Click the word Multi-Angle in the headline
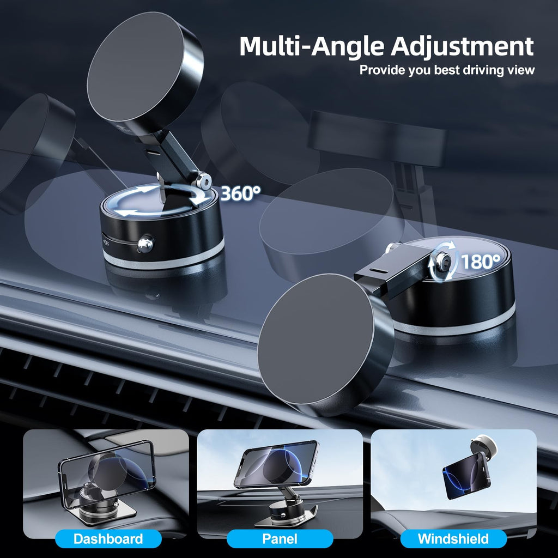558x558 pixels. click(312, 46)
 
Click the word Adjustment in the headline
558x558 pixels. click(462, 46)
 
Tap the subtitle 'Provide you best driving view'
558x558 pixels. click(447, 70)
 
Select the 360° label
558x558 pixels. click(240, 193)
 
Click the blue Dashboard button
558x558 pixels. click(108, 539)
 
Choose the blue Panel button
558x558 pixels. click(280, 539)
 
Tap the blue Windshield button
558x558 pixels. click(453, 539)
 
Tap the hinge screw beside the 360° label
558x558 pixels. click(204, 180)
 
